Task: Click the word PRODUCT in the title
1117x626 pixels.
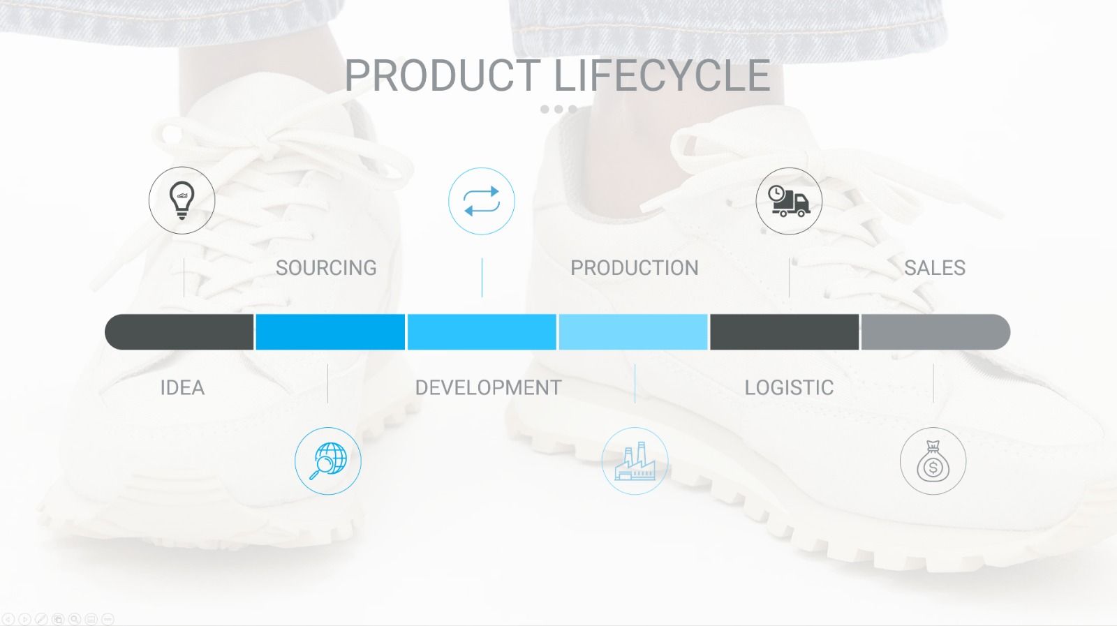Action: click(443, 75)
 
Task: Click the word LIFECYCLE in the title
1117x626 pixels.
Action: click(663, 75)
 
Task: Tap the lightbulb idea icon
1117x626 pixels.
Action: click(182, 200)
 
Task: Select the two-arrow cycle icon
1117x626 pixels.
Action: click(482, 202)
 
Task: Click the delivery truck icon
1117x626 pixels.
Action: click(789, 202)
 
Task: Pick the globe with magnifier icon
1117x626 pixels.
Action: click(328, 461)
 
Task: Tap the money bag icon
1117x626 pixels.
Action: click(933, 461)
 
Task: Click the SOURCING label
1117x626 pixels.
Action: click(326, 268)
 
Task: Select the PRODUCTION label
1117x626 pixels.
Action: click(635, 268)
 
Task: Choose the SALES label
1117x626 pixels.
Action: click(935, 268)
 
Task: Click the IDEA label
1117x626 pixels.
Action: click(182, 388)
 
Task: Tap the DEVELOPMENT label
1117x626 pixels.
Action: click(489, 388)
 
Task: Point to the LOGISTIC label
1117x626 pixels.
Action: click(789, 388)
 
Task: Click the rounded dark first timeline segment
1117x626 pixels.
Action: click(179, 332)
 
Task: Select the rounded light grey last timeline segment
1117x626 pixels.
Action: click(936, 332)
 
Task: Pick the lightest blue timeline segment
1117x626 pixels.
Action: click(633, 332)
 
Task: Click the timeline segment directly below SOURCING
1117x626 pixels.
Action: click(330, 332)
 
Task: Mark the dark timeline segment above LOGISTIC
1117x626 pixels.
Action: click(785, 332)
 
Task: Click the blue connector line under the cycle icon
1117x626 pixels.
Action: click(482, 278)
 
